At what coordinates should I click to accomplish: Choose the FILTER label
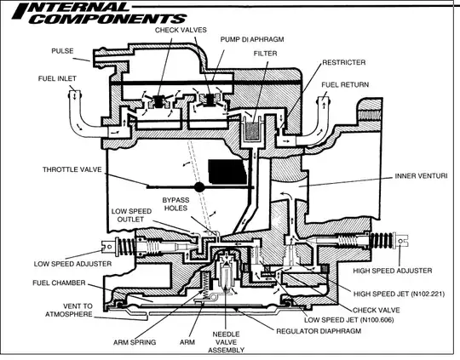click(x=265, y=53)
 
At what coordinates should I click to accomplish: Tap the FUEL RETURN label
click(x=345, y=85)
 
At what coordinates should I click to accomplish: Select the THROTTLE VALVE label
click(x=70, y=169)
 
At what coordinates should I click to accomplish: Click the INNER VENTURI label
click(x=422, y=176)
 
